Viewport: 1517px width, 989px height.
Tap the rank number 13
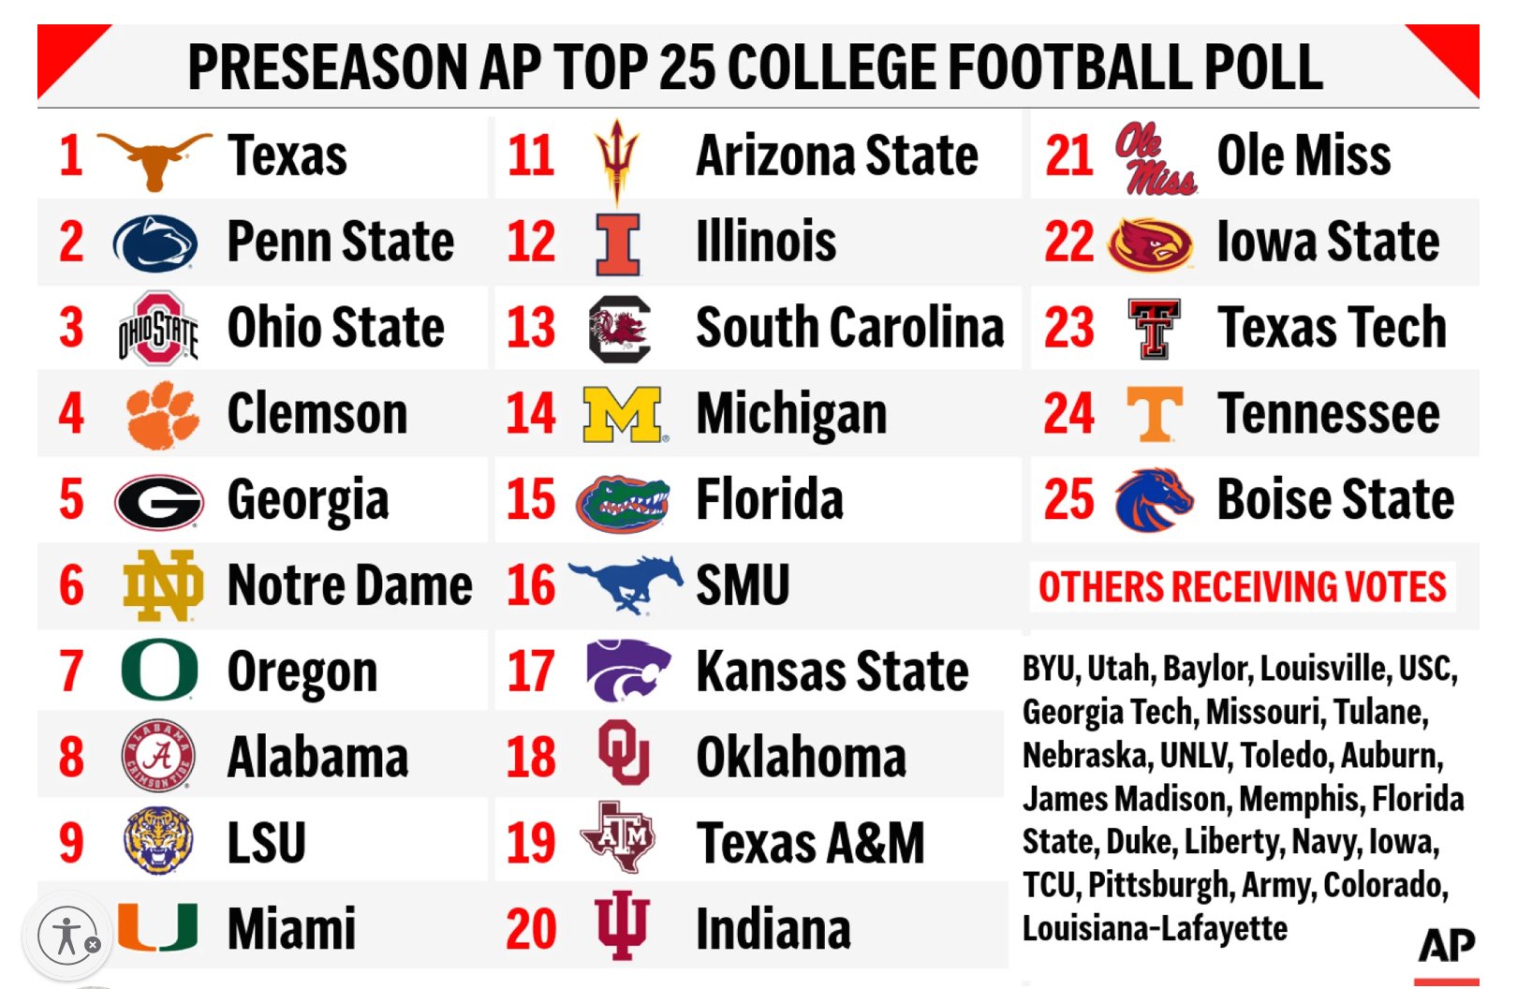531,328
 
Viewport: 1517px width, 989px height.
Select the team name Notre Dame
350,586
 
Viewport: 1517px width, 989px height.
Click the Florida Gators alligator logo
623,503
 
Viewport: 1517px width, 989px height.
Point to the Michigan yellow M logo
622,414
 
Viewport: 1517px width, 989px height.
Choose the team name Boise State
1335,499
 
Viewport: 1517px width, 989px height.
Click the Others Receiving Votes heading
1243,587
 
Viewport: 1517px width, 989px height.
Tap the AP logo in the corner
1447,946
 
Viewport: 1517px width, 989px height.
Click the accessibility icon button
67,936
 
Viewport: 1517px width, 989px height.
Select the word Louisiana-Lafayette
1155,929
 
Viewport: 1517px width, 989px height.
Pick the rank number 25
1069,499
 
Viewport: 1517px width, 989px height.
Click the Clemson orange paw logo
162,414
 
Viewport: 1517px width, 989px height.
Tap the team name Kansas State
832,672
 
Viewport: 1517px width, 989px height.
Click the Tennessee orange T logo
1155,414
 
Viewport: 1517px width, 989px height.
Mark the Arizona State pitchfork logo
616,159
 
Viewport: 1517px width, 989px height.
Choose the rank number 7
71,672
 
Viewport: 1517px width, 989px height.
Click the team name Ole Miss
1303,155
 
